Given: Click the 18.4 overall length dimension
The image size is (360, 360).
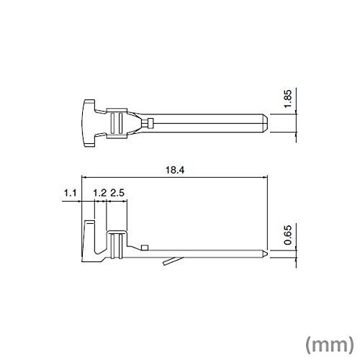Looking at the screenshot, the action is click(x=175, y=170).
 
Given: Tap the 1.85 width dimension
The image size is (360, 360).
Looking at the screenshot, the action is click(x=287, y=99).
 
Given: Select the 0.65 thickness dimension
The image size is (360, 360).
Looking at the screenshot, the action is click(x=287, y=235).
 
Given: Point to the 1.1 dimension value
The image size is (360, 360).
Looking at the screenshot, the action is click(x=70, y=193).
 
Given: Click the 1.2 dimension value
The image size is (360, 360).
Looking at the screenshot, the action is click(x=99, y=193).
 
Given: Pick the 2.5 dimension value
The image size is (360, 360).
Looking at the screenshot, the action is click(x=117, y=193).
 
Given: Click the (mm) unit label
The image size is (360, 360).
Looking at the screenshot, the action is click(x=330, y=344).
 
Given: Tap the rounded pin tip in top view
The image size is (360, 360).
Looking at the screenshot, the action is click(x=265, y=123).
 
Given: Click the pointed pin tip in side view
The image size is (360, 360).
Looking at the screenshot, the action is click(x=264, y=254).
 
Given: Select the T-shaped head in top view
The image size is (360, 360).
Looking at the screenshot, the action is click(x=88, y=123).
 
